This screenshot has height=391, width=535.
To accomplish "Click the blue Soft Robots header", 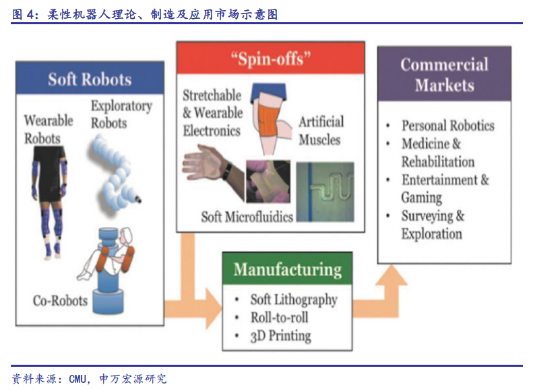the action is coord(90,79).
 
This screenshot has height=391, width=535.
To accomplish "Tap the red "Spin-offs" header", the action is coord(271,58).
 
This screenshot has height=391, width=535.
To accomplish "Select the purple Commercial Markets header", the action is coord(444,74).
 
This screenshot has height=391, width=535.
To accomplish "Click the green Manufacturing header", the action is coord(287,269).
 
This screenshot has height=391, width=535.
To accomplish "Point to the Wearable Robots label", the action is coord(49,129).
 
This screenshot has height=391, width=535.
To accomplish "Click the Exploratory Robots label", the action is coord(121,114).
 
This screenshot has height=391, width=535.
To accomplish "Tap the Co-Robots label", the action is coord(60,301).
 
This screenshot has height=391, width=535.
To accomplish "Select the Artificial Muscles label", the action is coord(321,131).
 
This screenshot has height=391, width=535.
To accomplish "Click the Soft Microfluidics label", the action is coord(247,217).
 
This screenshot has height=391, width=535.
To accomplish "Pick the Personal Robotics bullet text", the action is coord(447,125).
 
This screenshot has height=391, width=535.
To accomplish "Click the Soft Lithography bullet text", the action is coord(294,299).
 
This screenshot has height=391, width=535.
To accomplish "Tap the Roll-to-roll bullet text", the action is coord(280,318).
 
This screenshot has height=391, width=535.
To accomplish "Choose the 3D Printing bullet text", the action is coord(281,336).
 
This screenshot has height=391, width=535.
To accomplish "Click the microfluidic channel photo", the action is coord(325,192).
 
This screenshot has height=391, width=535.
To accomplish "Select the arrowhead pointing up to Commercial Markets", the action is coord(391,275).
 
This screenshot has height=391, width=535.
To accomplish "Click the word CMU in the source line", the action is coord(77,379).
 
